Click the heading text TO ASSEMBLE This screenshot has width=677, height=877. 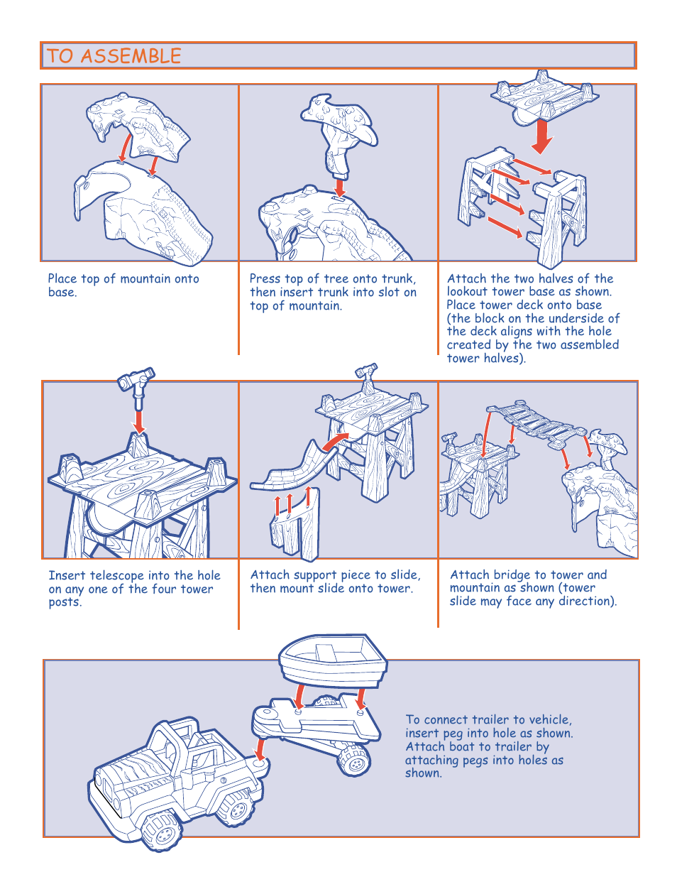114,56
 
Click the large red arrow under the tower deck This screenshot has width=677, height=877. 542,136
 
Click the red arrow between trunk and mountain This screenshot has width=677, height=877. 340,187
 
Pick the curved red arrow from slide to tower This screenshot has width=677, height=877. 336,440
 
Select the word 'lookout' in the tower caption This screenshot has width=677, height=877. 468,292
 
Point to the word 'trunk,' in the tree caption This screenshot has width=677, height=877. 398,279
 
